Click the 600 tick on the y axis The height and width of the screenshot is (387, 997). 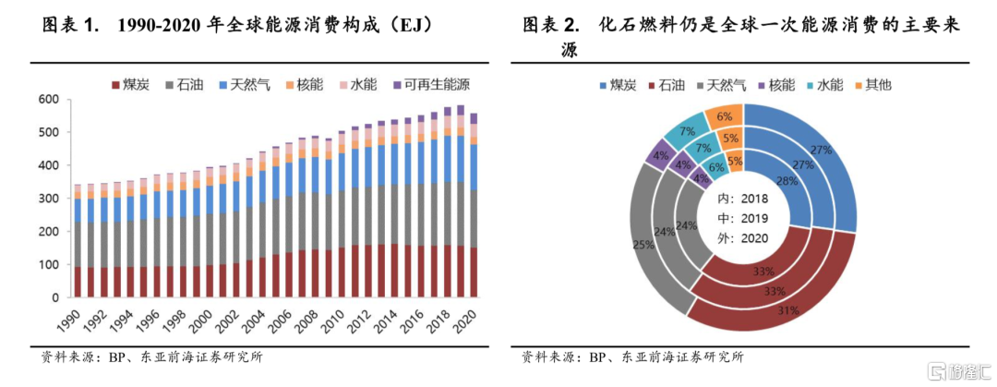tap(48, 100)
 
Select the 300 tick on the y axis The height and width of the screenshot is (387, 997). tap(48, 199)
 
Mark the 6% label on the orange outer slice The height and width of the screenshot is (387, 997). tap(724, 116)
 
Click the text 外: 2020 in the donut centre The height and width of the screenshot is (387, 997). tap(744, 239)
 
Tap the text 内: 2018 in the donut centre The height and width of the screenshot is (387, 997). tap(744, 199)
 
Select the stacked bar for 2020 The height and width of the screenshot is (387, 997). tap(474, 208)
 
